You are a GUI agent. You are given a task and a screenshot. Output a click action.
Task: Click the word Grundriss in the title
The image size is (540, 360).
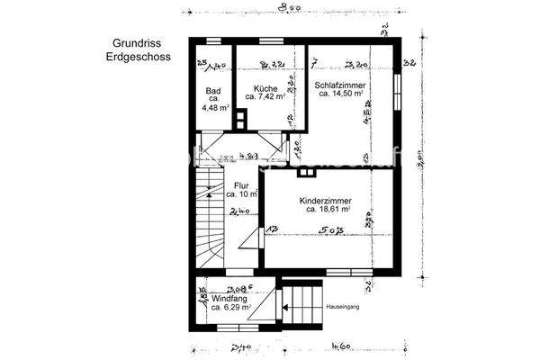(136, 42)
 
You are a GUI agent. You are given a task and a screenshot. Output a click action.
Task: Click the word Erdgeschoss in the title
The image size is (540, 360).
(136, 56)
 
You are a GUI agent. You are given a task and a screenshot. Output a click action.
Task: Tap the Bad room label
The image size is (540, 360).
(213, 91)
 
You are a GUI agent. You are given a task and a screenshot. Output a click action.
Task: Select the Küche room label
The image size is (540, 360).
(265, 89)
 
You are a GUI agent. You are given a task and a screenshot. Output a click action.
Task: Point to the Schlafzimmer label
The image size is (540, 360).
(339, 85)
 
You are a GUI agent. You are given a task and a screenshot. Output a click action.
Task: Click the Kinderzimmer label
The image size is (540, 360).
(325, 201)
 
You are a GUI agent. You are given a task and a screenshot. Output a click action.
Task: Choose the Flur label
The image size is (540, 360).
(241, 186)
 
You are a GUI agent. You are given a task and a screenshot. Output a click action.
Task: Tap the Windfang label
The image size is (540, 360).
(229, 298)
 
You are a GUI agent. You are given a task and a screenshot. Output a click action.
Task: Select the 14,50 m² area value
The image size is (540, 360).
(343, 94)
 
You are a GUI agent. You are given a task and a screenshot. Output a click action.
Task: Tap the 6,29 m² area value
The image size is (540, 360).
(231, 307)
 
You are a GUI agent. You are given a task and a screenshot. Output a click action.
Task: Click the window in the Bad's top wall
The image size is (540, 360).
(212, 41)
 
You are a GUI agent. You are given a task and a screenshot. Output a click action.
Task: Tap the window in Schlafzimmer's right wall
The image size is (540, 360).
(397, 90)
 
